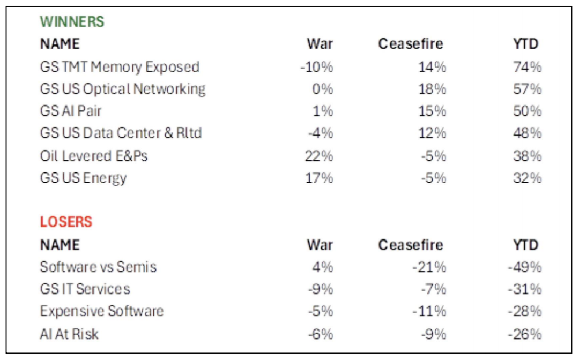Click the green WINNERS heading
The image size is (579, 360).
(x=72, y=22)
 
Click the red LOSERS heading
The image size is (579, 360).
(x=66, y=222)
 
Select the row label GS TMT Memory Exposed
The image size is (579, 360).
(x=120, y=67)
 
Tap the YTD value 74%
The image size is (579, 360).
(x=528, y=67)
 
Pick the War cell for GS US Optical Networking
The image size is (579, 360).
(x=323, y=89)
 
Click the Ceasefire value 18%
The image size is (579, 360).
(x=432, y=89)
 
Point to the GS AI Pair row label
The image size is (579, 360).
(x=71, y=111)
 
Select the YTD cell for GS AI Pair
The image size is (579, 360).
(x=528, y=111)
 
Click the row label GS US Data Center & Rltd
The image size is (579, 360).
(x=121, y=133)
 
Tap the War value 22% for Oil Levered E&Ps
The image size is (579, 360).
(x=320, y=155)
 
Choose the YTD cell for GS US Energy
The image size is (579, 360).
(x=528, y=177)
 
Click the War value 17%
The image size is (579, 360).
(x=320, y=177)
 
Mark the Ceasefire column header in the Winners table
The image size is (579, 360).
(x=411, y=44)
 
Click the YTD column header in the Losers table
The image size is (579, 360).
(x=525, y=245)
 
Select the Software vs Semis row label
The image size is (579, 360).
(x=98, y=267)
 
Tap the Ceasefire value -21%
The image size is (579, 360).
(x=430, y=267)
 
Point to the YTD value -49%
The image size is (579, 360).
(x=525, y=267)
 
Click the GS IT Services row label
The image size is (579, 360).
(x=85, y=289)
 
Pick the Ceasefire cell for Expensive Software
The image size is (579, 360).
(x=430, y=311)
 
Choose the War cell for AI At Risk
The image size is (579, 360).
(x=321, y=334)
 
